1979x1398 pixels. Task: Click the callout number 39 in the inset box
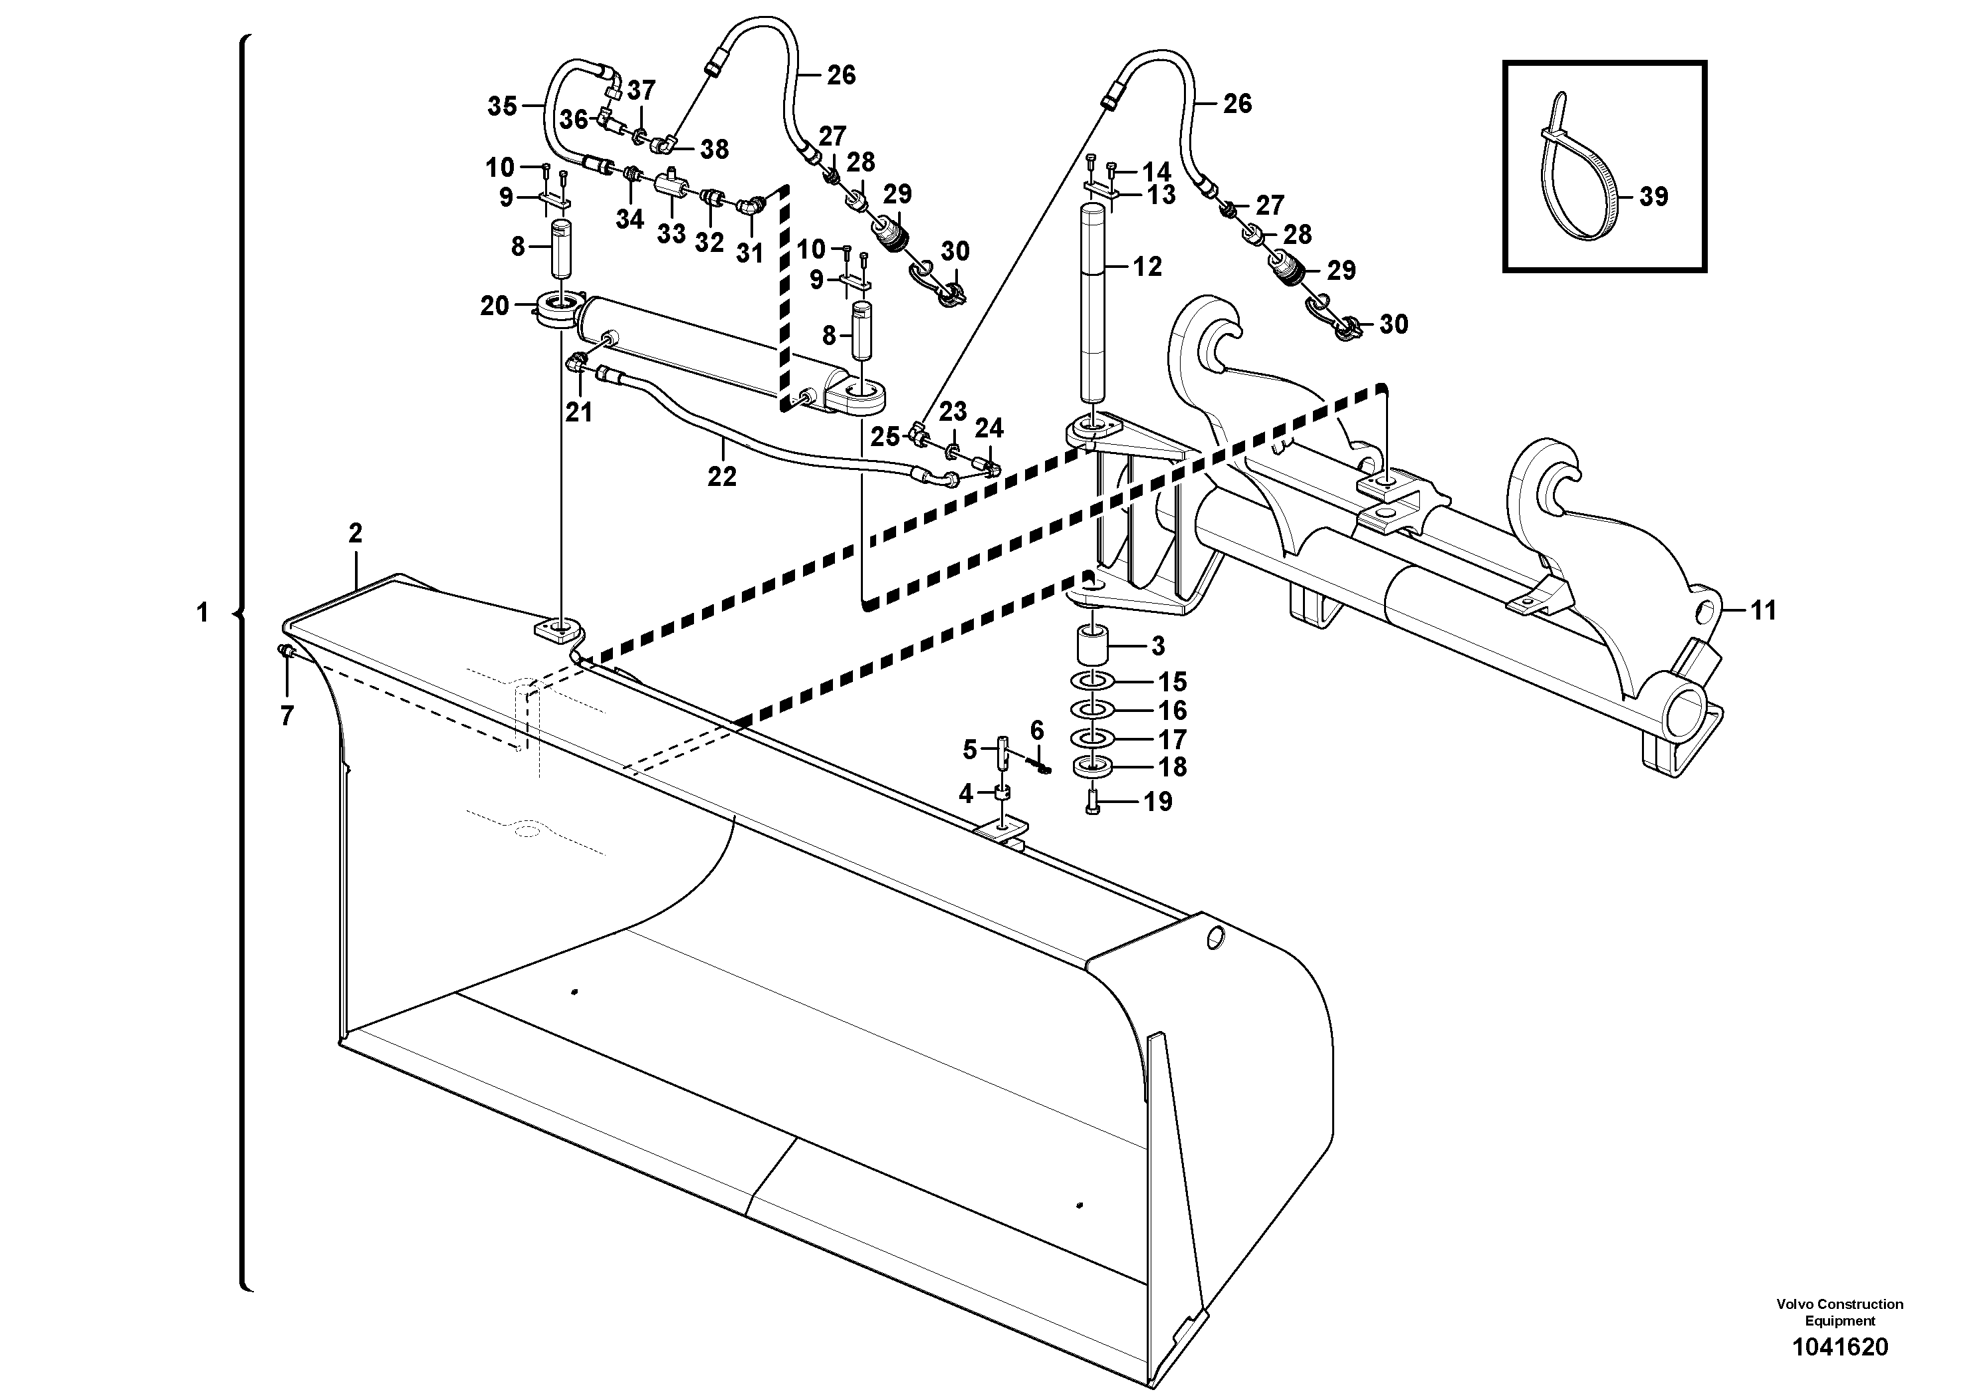pyautogui.click(x=1653, y=197)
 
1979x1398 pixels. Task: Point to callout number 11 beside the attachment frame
pyautogui.click(x=1764, y=610)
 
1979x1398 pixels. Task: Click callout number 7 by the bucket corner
pyautogui.click(x=287, y=715)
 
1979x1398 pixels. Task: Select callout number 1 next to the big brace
pyautogui.click(x=203, y=613)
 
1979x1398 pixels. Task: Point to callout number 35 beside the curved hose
pyautogui.click(x=503, y=106)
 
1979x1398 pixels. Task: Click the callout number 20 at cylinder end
pyautogui.click(x=494, y=305)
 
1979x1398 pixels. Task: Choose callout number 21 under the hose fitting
pyautogui.click(x=578, y=413)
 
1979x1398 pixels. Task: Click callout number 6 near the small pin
pyautogui.click(x=1036, y=731)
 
